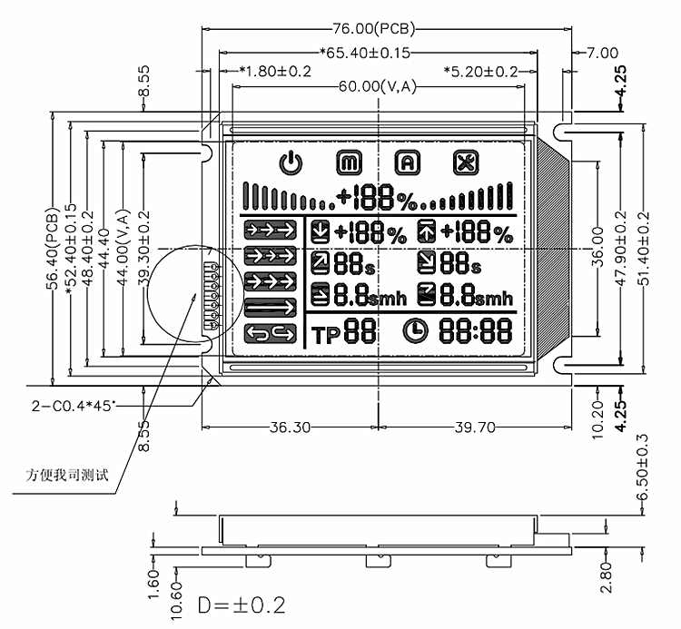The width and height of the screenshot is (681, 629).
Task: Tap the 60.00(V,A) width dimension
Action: pos(378,87)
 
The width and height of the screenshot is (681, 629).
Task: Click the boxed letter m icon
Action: pos(349,163)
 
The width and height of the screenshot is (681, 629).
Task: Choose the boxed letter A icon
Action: pos(408,163)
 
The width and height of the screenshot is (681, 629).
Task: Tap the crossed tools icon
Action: pos(467,163)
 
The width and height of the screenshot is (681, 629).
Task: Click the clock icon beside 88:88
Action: pos(416,333)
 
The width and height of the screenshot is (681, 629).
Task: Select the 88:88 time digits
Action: pos(475,333)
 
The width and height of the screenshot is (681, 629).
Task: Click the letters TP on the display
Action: pos(324,335)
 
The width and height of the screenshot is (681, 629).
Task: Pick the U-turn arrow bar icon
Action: pos(271,334)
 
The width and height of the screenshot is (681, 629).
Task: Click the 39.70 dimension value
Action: pos(469,427)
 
